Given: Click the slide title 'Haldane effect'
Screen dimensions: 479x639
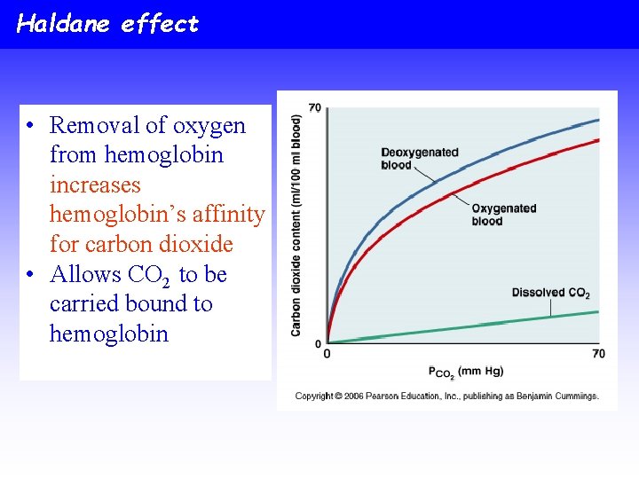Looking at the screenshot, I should pos(107,24).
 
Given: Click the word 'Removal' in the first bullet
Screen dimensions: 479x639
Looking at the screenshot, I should pos(90,126).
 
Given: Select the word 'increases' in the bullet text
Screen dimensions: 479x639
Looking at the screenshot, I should pos(95,185).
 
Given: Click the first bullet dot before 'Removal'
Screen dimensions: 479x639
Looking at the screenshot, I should pos(30,126).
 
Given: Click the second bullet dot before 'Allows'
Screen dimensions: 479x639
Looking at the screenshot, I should pos(30,275).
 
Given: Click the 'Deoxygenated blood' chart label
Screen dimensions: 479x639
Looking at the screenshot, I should pos(419,158).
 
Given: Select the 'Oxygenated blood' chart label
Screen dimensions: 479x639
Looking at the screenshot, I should pos(503,215).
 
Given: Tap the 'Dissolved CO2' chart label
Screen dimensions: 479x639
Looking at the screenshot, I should pos(550,293).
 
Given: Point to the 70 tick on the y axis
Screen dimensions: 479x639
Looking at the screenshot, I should pos(315,108).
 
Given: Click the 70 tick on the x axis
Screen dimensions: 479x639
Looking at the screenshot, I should pos(598,354).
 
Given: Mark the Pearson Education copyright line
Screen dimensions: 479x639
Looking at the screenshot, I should pos(446,396).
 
